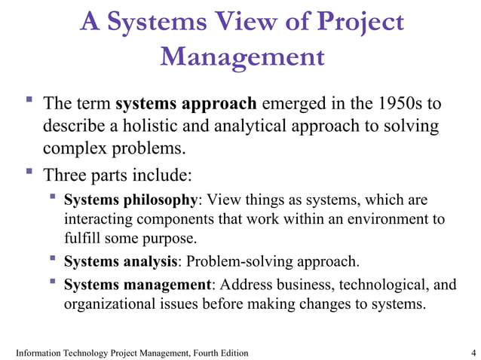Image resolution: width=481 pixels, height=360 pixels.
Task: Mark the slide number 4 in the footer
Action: pyautogui.click(x=472, y=352)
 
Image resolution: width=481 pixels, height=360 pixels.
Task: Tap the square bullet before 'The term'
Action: pyautogui.click(x=28, y=99)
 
